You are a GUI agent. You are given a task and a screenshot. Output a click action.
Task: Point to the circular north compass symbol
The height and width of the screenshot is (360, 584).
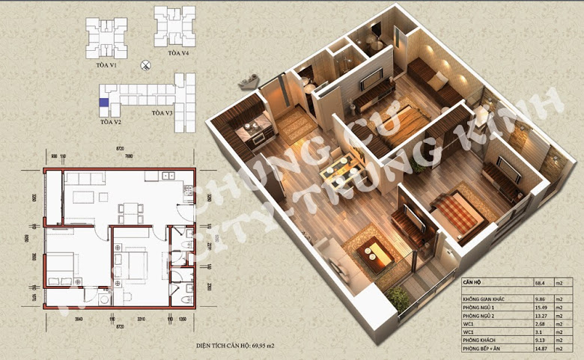pos(147,66)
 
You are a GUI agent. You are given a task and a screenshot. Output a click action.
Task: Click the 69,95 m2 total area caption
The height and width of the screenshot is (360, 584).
pos(237,347)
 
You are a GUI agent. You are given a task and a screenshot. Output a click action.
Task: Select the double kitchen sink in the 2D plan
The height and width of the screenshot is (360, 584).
pos(169,176)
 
